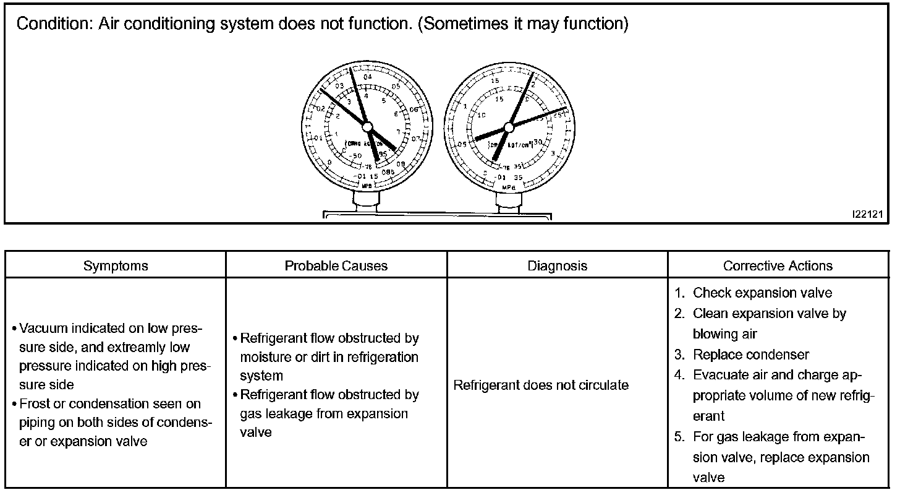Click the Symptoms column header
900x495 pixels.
tap(116, 266)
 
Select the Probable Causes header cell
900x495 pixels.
tap(336, 266)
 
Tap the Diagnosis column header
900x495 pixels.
tap(557, 266)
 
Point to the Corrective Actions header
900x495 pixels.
tap(778, 266)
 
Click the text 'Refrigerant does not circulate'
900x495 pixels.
tap(541, 385)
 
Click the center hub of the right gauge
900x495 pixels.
tap(508, 127)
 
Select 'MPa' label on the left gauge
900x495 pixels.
tap(367, 185)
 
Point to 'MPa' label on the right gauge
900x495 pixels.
tap(508, 186)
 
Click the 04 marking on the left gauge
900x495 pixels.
tap(368, 77)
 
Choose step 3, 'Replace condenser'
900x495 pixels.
tap(750, 355)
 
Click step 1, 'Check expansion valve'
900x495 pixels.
tap(762, 293)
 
